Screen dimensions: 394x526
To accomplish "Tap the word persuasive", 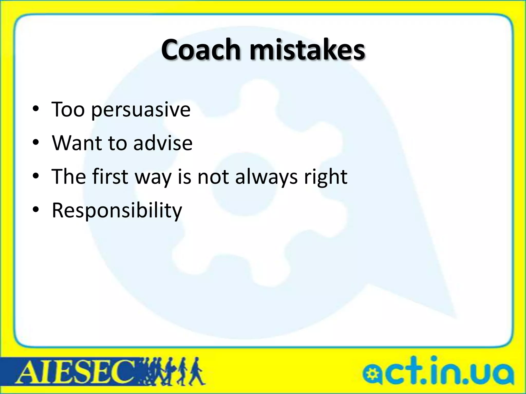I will [141, 110].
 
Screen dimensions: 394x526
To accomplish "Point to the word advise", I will [163, 143].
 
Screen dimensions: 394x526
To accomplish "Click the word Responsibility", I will [117, 211].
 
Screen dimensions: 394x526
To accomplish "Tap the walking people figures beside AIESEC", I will [172, 371].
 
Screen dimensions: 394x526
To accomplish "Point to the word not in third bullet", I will [213, 177].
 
